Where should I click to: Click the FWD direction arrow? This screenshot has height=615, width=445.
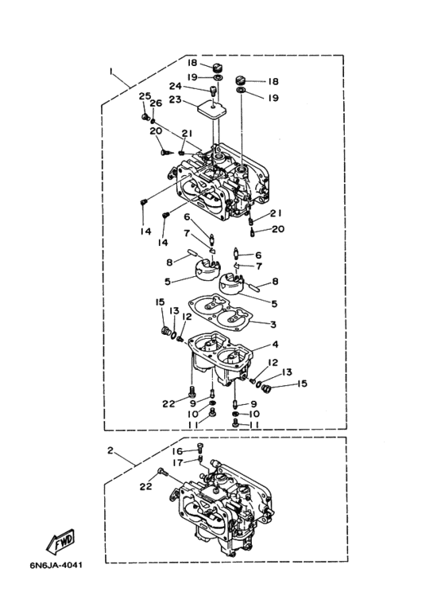(x=60, y=541)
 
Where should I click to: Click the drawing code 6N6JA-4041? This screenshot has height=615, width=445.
(x=56, y=566)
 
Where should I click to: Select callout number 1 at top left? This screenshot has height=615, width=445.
(x=111, y=71)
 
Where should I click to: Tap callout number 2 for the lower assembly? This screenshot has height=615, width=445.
(x=110, y=450)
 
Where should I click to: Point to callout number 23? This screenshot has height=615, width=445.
(x=175, y=99)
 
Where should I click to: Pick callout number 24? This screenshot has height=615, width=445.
(x=176, y=86)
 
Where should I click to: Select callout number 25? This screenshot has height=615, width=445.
(x=145, y=96)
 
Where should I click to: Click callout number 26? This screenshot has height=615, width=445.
(x=156, y=103)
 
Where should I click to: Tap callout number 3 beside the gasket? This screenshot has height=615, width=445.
(x=273, y=325)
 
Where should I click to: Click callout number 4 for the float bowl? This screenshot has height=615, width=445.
(x=275, y=344)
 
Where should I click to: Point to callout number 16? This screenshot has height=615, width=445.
(x=177, y=451)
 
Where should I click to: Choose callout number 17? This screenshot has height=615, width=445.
(x=178, y=463)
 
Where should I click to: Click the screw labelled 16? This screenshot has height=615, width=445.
(x=199, y=447)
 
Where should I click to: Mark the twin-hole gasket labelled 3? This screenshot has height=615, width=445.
(x=221, y=316)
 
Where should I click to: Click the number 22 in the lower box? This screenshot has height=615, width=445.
(x=145, y=486)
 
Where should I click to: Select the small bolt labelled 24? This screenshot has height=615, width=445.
(x=214, y=91)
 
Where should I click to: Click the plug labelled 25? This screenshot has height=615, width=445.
(x=145, y=116)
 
